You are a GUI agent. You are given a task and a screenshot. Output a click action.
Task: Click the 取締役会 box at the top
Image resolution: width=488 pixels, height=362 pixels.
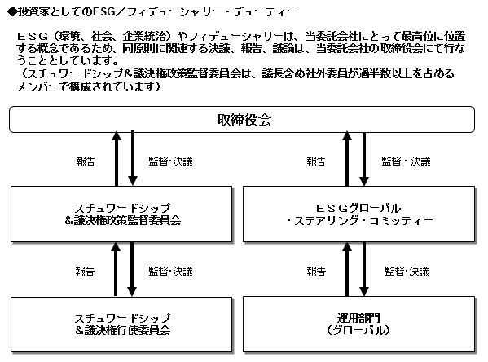click(x=242, y=119)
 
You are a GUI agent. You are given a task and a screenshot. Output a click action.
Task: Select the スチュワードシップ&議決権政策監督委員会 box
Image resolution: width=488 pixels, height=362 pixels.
click(x=121, y=214)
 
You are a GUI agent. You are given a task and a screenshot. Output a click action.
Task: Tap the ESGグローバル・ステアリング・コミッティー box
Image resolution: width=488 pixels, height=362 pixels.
click(x=358, y=214)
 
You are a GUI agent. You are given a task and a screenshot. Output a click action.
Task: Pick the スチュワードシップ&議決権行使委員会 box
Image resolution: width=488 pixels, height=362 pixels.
click(x=121, y=324)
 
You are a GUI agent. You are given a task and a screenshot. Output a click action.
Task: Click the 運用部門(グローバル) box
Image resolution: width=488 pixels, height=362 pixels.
click(x=358, y=324)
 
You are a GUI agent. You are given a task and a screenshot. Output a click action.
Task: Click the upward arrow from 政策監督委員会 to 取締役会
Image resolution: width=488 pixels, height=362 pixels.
click(x=117, y=158)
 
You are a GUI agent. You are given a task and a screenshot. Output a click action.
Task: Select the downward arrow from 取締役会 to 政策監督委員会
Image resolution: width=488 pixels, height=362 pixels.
click(x=133, y=158)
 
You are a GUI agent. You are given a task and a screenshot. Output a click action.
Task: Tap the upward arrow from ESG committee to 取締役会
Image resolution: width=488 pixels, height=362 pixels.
click(x=347, y=158)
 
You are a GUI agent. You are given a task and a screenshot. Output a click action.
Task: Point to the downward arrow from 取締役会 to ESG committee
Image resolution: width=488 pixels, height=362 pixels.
click(x=364, y=158)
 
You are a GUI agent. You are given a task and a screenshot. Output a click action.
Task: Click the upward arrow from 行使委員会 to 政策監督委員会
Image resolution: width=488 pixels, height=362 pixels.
click(x=116, y=269)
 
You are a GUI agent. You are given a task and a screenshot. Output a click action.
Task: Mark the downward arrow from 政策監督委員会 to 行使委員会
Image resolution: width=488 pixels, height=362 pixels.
click(x=132, y=269)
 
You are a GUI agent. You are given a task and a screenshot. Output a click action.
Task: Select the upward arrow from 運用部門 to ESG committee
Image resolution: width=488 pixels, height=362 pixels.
click(x=347, y=269)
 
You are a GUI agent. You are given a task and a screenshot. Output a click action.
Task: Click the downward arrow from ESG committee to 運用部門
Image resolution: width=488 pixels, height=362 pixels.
click(x=364, y=269)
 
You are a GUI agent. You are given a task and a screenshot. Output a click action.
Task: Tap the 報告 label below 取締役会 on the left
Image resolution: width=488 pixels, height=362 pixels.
click(x=86, y=161)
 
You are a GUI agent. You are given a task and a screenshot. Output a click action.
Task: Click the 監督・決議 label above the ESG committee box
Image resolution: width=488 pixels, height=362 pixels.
click(x=407, y=161)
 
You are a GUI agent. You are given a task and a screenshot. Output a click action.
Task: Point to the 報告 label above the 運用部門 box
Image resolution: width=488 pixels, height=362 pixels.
click(x=316, y=271)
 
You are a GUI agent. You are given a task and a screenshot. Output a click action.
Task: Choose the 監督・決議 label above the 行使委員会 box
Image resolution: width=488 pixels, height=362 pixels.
click(x=170, y=271)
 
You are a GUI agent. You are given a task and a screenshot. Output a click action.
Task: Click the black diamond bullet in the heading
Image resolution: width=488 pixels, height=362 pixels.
click(x=12, y=12)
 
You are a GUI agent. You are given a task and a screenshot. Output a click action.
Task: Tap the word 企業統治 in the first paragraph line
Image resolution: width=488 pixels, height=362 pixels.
click(x=144, y=37)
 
